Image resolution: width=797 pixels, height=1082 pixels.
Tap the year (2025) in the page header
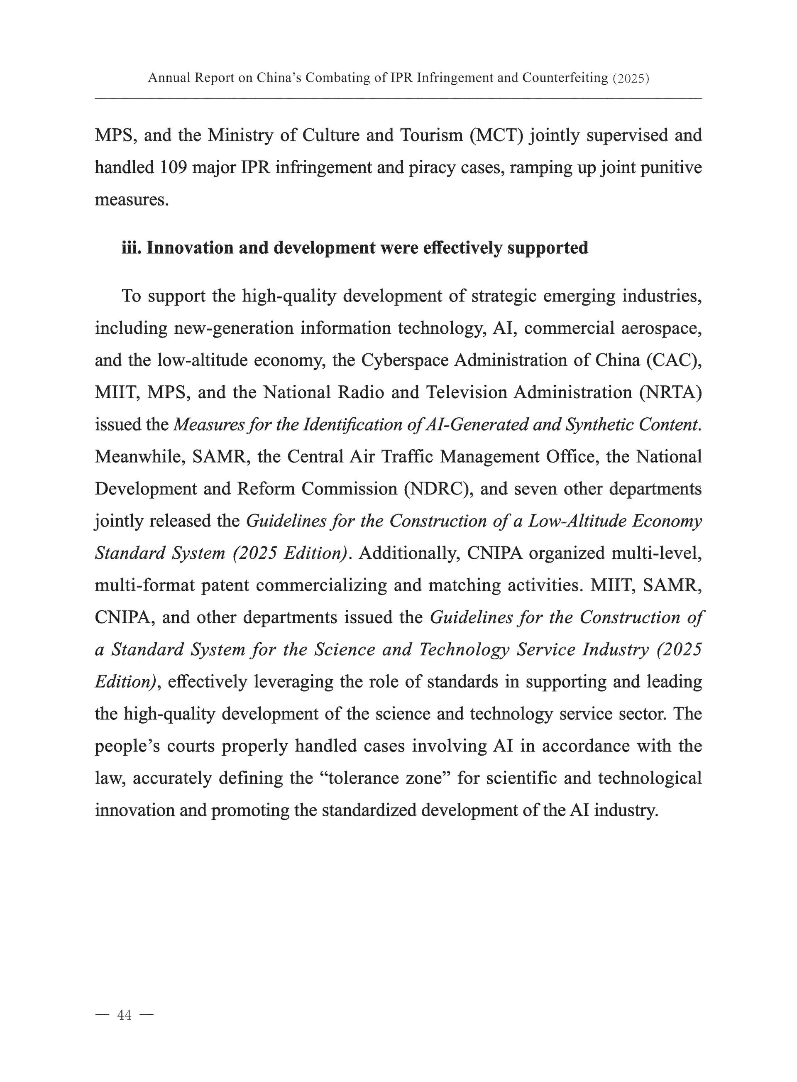(x=631, y=78)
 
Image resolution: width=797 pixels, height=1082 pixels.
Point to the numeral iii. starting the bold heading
(x=131, y=247)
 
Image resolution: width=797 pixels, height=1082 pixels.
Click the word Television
(x=467, y=392)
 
